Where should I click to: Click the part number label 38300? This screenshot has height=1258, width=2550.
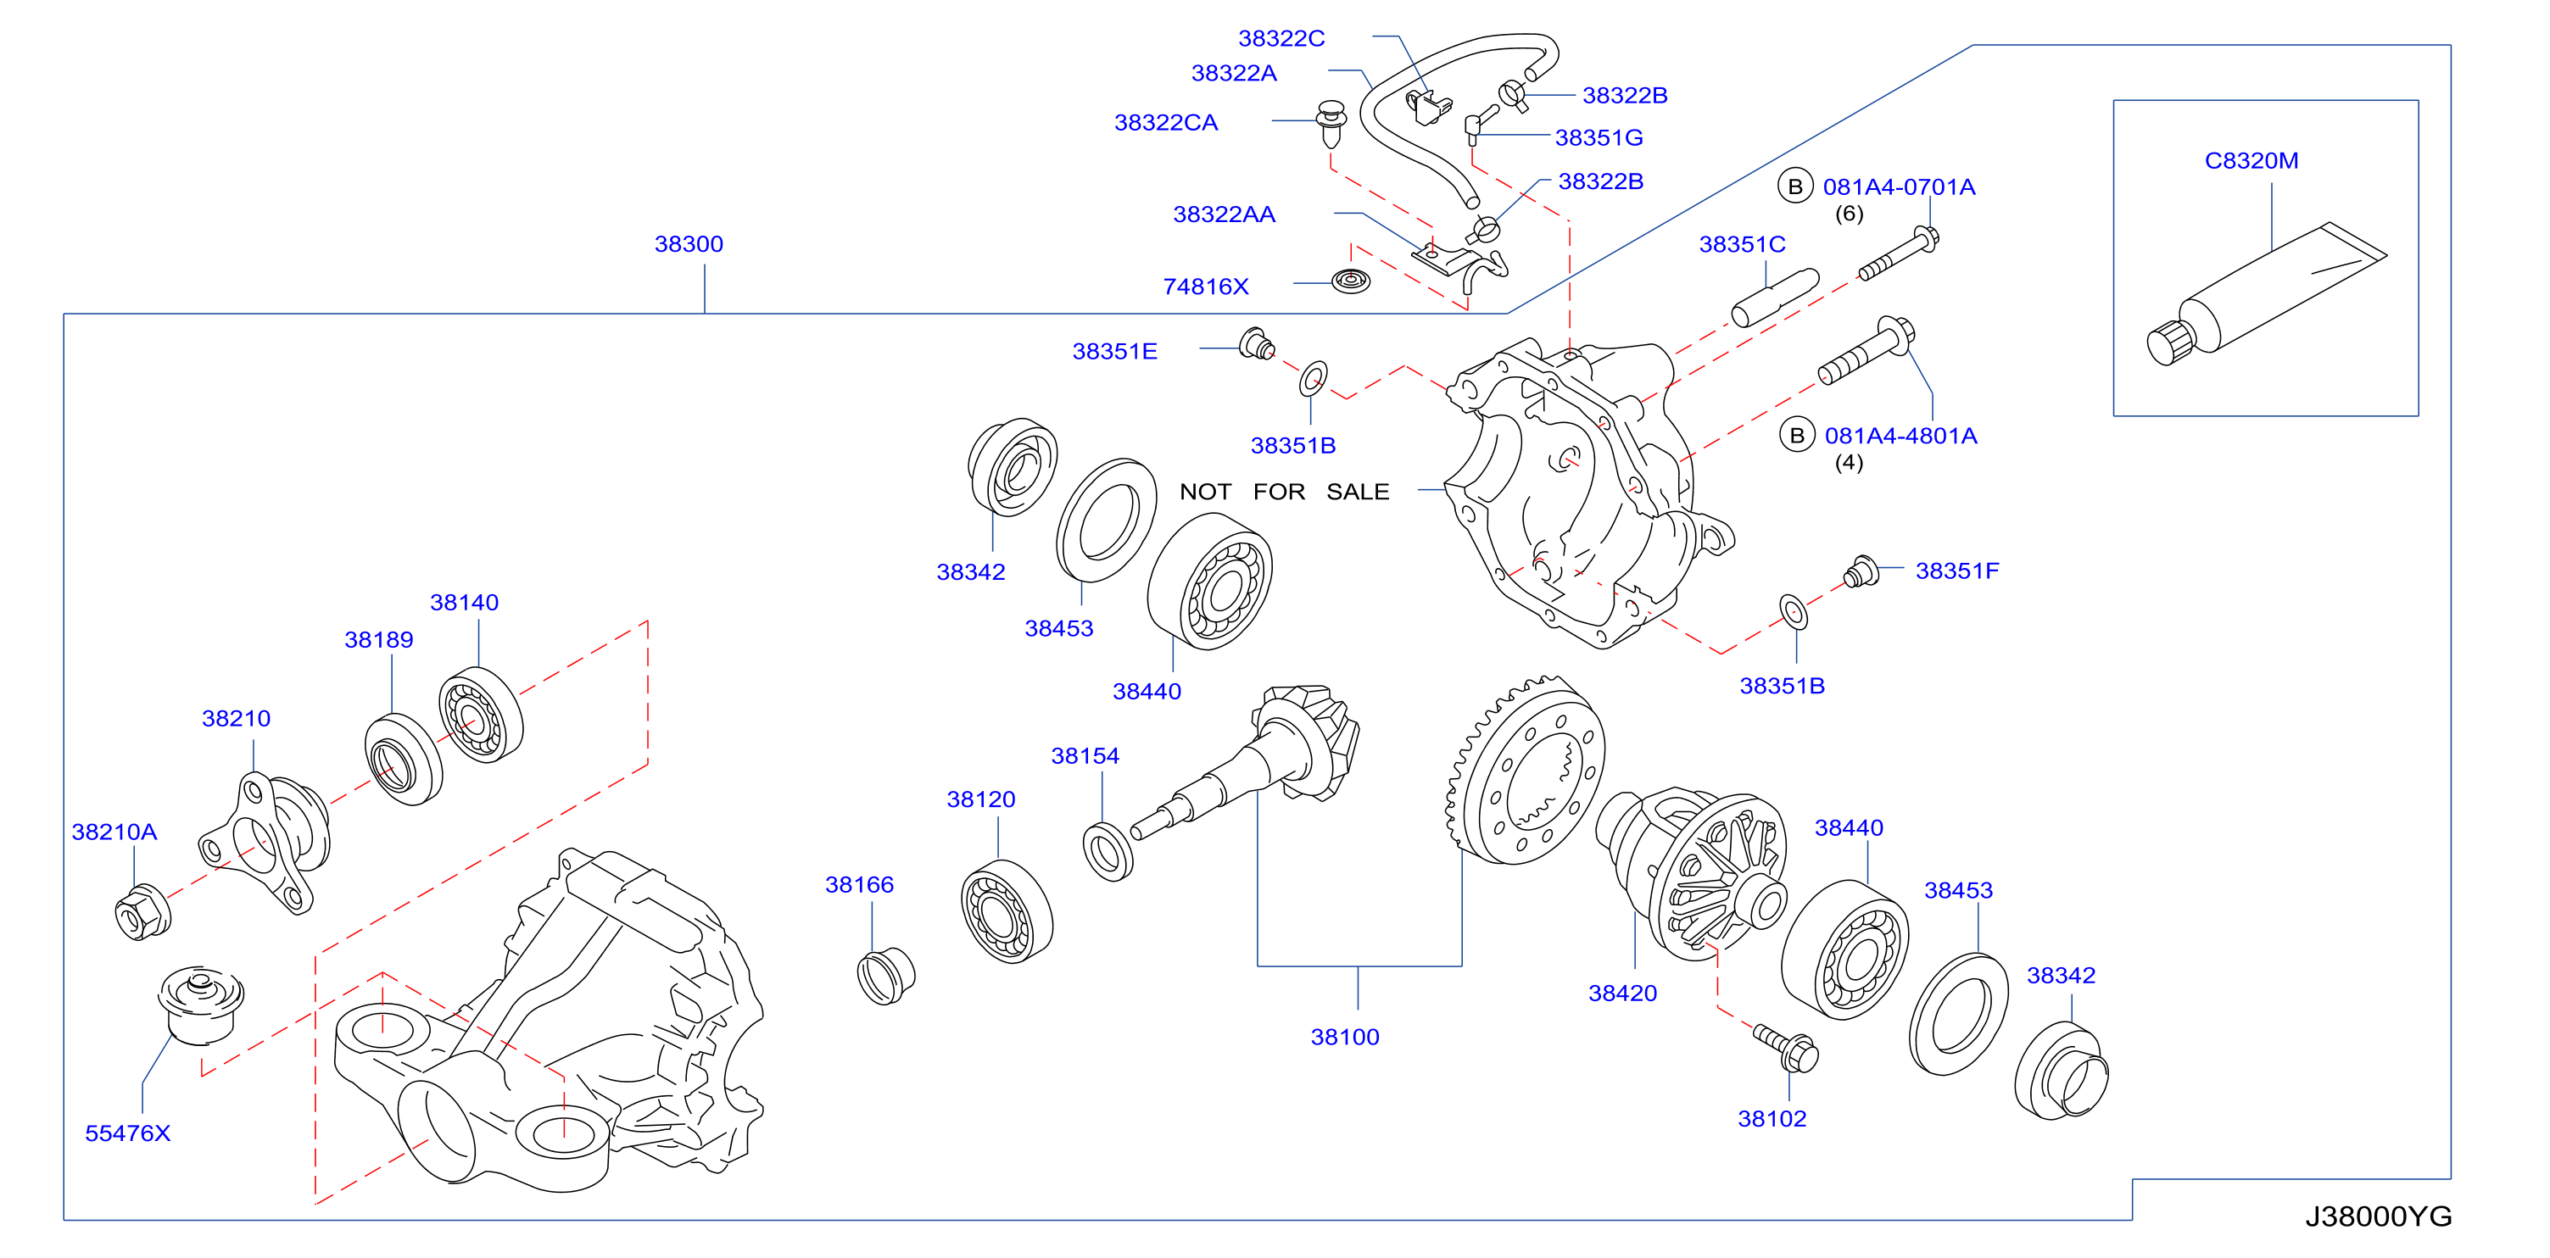(x=689, y=243)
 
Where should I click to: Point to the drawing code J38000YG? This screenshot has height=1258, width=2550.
(x=2378, y=1216)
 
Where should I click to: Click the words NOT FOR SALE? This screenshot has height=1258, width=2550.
(x=1284, y=492)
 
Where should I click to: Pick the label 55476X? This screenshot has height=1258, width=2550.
(x=128, y=1133)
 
